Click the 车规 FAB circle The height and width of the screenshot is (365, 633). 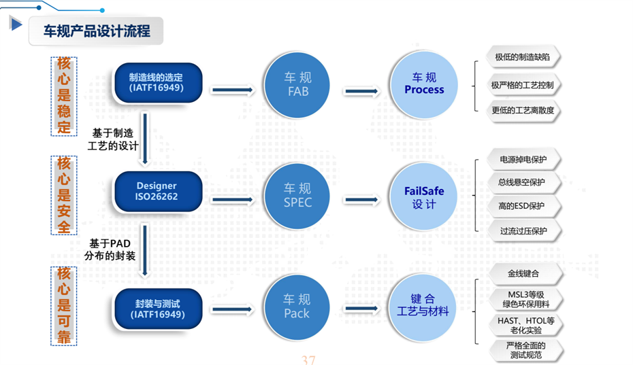(297, 84)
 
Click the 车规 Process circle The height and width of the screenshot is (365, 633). (423, 84)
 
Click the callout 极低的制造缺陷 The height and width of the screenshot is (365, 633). (522, 57)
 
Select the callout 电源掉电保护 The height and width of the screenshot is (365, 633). (523, 160)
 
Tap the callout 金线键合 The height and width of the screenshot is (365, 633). (523, 273)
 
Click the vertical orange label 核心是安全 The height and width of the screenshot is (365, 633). (64, 195)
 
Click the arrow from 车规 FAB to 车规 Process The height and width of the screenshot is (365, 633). (361, 90)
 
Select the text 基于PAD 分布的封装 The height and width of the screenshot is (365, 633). (111, 249)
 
